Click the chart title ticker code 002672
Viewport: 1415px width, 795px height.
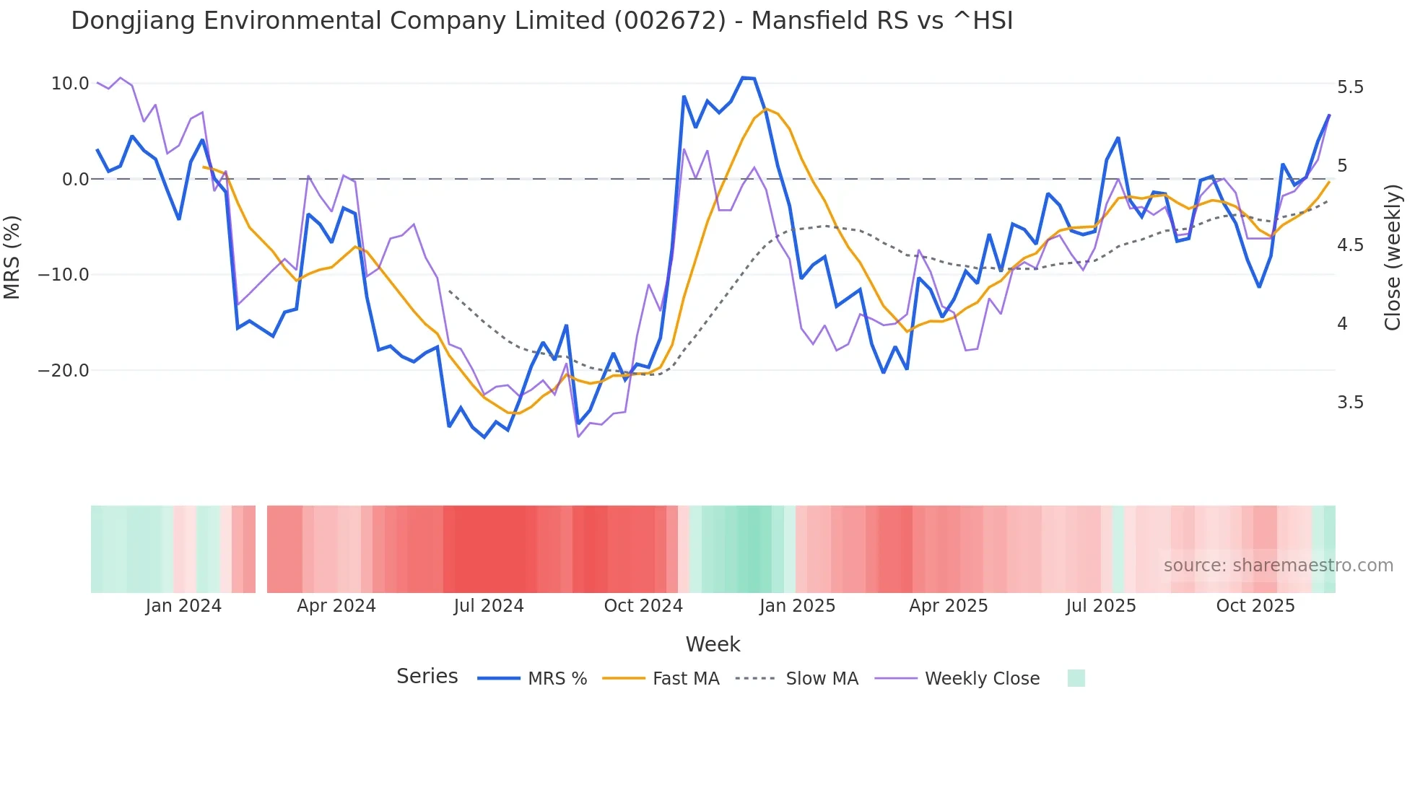point(669,21)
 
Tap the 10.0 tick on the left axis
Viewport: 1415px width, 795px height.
point(70,84)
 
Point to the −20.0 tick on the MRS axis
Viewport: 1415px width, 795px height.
point(64,371)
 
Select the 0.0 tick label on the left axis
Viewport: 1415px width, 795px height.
point(75,180)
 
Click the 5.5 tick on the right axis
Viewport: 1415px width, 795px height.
point(1350,87)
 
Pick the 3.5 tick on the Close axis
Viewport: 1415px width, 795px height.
point(1350,403)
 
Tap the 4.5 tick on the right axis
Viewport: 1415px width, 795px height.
point(1350,245)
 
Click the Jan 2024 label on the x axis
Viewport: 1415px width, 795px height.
point(183,606)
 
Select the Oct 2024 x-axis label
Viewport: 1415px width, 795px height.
point(643,606)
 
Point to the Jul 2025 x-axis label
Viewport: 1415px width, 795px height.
point(1101,606)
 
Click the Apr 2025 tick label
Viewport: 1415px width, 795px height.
point(948,606)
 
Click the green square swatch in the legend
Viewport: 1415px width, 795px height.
point(1076,678)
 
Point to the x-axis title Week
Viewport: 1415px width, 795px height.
point(713,644)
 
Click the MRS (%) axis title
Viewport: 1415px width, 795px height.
point(12,258)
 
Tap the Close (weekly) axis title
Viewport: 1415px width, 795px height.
point(1393,258)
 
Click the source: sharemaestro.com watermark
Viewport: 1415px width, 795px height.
point(1278,566)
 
